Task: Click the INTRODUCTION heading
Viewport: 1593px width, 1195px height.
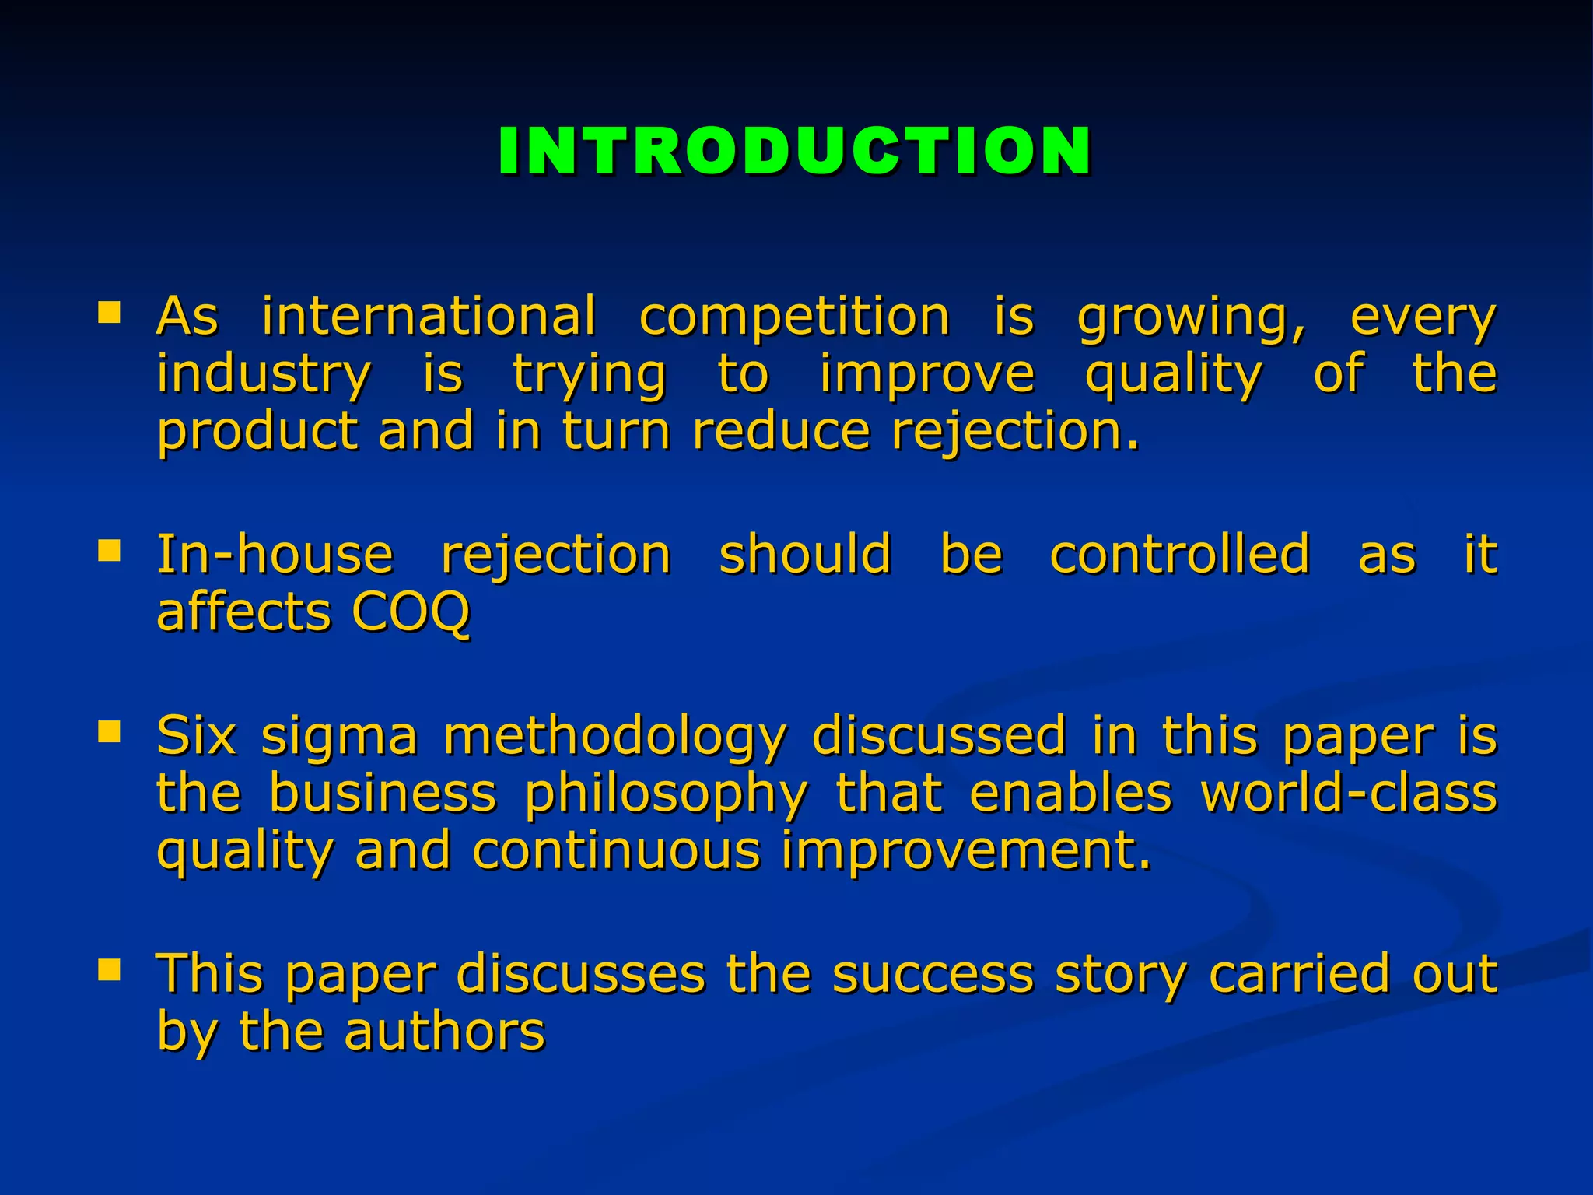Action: [x=795, y=151]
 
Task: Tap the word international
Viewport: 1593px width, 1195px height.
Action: [x=429, y=317]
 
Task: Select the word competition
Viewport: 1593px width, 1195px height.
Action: [x=794, y=317]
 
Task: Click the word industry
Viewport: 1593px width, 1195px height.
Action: [x=264, y=375]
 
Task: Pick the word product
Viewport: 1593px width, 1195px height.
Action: [x=257, y=432]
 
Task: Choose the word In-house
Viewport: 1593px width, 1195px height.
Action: [x=275, y=555]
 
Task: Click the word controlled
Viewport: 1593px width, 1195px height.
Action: [x=1179, y=555]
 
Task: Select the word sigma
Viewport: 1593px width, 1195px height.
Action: [x=340, y=736]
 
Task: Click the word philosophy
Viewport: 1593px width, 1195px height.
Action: [x=667, y=795]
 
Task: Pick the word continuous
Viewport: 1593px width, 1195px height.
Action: [x=616, y=850]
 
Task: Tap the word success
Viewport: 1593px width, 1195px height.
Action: [x=933, y=974]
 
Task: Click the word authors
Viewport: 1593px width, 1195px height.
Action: [x=444, y=1032]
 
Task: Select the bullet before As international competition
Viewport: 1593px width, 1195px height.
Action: [x=109, y=313]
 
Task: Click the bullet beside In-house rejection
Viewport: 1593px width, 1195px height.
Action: [x=109, y=551]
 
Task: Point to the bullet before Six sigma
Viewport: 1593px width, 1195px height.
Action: [x=109, y=731]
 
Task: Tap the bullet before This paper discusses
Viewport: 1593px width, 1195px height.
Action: [x=109, y=969]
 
